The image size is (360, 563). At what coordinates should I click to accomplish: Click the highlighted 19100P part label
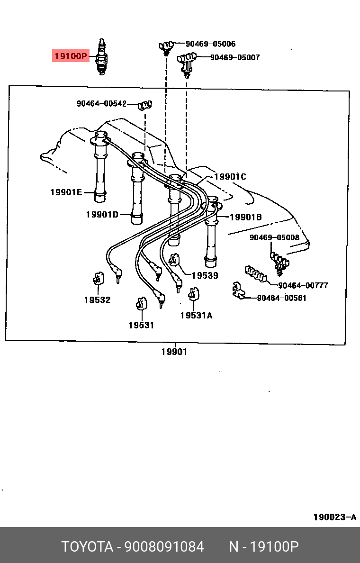coord(70,57)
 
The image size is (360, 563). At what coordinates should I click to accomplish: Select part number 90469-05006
coord(210,44)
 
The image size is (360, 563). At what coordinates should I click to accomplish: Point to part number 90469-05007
coord(234,57)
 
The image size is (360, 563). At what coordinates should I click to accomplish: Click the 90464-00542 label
coord(101,103)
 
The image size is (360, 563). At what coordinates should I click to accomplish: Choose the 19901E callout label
coord(66,192)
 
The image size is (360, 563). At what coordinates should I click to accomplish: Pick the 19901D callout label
coord(102,215)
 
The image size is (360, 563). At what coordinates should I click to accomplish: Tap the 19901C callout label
coord(230,177)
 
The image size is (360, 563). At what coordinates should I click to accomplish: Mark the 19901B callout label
coord(246,217)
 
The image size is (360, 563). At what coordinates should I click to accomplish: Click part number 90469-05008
coord(274,237)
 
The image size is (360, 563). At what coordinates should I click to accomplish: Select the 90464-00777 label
coord(303,285)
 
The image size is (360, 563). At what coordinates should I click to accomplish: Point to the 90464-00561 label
coord(281,298)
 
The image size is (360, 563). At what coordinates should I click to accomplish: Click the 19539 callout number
coord(205,275)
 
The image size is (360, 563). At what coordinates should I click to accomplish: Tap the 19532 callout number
coord(97,300)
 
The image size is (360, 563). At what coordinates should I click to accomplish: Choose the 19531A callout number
coord(196,315)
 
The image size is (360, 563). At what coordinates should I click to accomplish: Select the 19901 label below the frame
coord(174,352)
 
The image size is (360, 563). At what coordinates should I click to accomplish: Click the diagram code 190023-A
coord(334,517)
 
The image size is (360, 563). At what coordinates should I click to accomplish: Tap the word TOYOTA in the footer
coord(87,546)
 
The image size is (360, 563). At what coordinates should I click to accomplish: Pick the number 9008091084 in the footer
coord(164,546)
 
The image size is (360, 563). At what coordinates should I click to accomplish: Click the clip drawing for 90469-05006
coord(165,46)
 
